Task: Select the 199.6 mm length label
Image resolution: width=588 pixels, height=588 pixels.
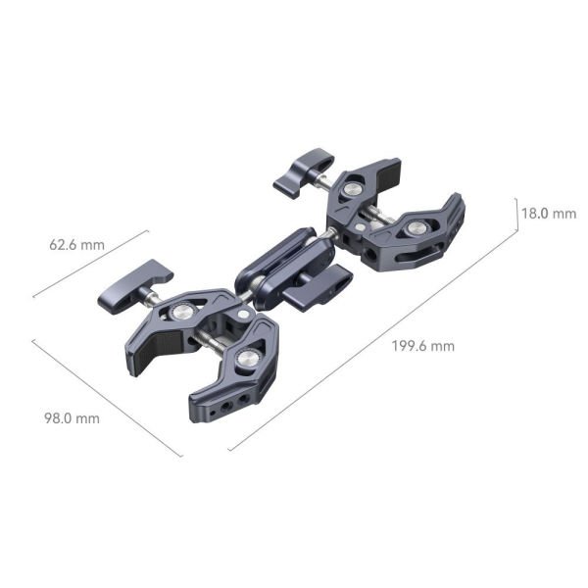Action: (x=422, y=345)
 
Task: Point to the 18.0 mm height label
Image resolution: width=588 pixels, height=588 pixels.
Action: (x=548, y=213)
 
